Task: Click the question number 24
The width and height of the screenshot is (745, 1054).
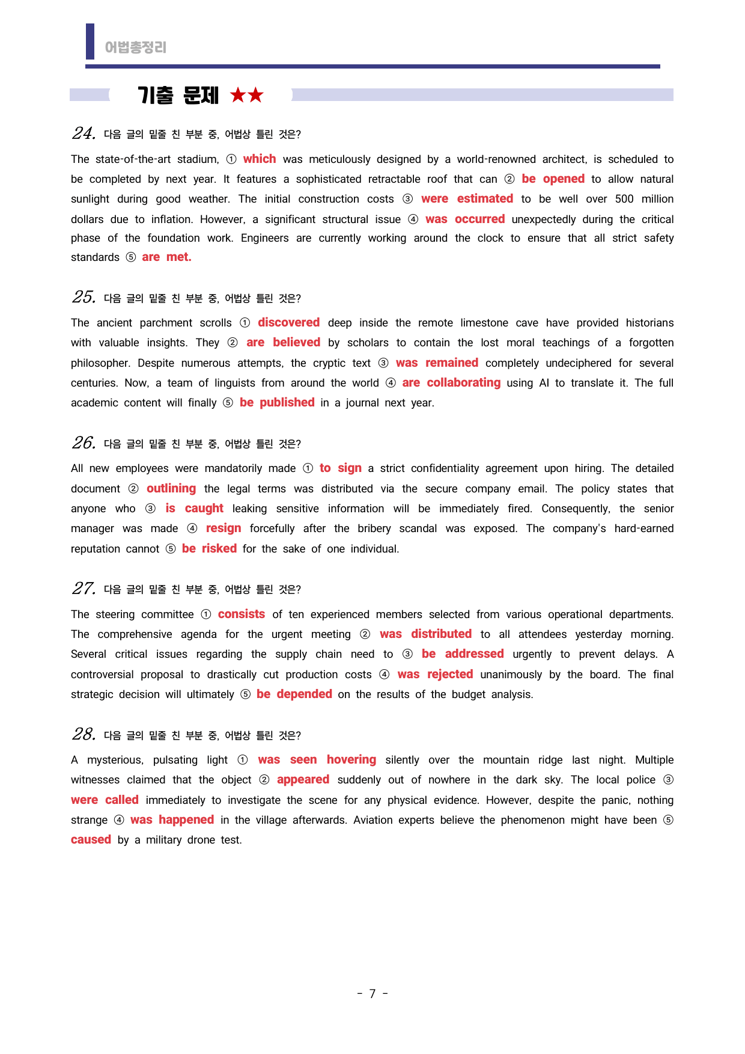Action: (x=84, y=133)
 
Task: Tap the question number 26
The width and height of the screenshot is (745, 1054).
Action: (x=84, y=443)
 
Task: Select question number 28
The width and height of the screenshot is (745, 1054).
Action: (x=84, y=734)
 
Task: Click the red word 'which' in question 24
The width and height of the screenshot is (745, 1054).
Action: (x=260, y=159)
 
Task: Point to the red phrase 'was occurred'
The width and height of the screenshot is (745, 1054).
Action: (x=465, y=219)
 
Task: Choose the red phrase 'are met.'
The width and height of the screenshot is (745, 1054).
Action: (x=166, y=257)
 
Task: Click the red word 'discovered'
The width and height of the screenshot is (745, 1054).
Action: (x=288, y=322)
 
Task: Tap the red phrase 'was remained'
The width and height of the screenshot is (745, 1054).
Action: (x=437, y=363)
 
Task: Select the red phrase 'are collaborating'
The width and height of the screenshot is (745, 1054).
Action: (x=451, y=382)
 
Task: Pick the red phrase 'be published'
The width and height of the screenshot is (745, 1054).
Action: (x=277, y=402)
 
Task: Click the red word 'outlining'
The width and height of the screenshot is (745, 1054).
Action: (x=171, y=488)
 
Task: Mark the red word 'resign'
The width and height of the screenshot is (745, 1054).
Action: (x=223, y=528)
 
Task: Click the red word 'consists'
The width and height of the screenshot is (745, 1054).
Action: (x=242, y=614)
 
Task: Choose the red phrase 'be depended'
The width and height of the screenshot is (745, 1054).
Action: (x=294, y=694)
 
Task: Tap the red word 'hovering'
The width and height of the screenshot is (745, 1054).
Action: (x=351, y=759)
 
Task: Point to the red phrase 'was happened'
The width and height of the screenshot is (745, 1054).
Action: (x=172, y=820)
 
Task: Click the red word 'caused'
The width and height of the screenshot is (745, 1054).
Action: (x=91, y=839)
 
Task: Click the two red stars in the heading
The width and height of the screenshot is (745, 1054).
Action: (x=247, y=95)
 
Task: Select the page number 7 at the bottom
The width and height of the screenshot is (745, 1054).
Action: (x=372, y=993)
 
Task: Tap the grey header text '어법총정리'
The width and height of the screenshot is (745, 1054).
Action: (x=136, y=47)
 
